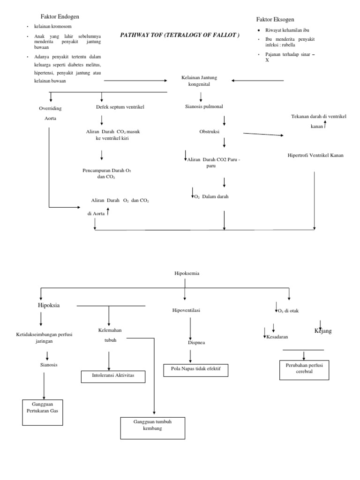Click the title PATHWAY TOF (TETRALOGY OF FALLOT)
click(180, 35)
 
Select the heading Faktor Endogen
click(56, 16)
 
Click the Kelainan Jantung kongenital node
click(199, 81)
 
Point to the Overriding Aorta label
click(50, 113)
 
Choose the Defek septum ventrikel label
click(120, 107)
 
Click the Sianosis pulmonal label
click(204, 106)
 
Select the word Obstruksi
click(209, 132)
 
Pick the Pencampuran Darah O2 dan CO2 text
click(106, 173)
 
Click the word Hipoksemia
click(187, 273)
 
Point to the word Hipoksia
click(52, 305)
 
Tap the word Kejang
click(323, 331)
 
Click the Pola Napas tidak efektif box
click(195, 370)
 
